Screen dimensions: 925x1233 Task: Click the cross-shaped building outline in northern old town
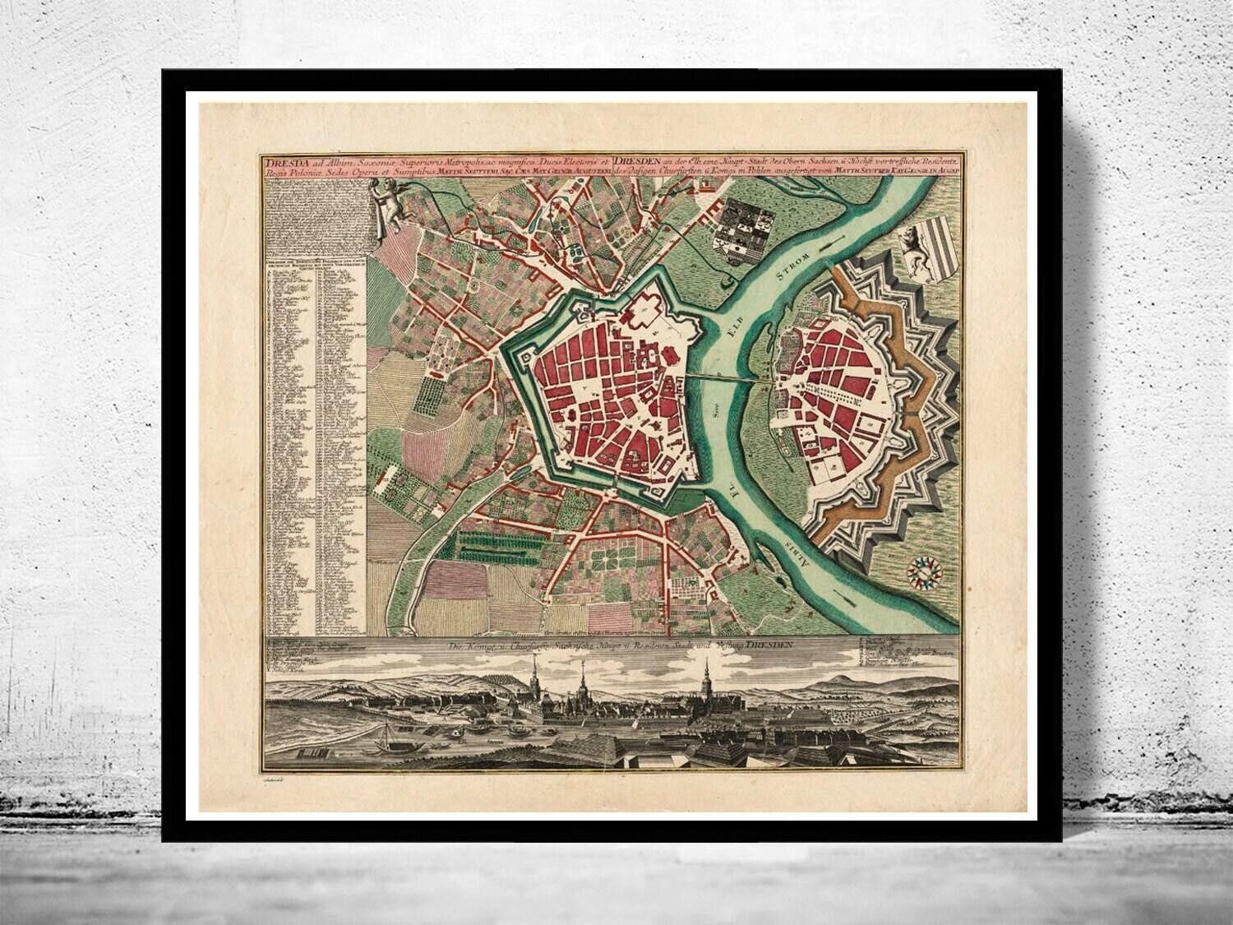[x=645, y=308]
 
